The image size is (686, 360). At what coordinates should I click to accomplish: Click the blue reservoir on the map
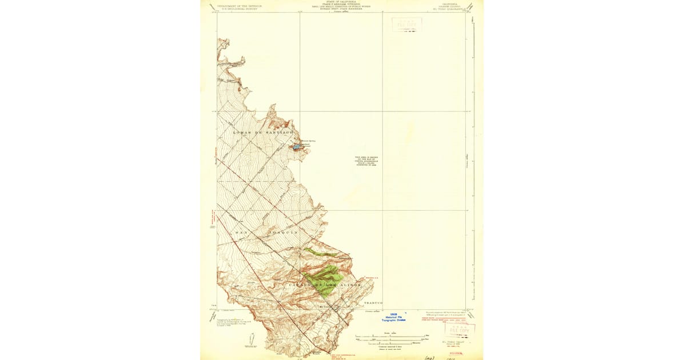click(297, 147)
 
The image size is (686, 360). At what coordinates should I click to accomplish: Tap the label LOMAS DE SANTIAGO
click(263, 132)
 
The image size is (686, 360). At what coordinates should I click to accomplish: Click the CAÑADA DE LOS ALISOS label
click(324, 285)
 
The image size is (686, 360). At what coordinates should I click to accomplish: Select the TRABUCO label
click(372, 303)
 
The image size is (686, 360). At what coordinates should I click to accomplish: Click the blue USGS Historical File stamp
click(393, 317)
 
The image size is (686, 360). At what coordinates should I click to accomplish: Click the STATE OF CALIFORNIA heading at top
click(341, 2)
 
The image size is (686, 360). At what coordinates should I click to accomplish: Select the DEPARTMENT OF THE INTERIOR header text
click(238, 6)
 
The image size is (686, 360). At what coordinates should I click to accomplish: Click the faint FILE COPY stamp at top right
click(406, 25)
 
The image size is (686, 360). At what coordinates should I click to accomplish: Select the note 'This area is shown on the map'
click(366, 162)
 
